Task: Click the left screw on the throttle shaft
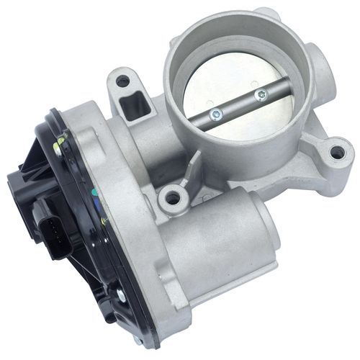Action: (215, 112)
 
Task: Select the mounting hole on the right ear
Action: (336, 152)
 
